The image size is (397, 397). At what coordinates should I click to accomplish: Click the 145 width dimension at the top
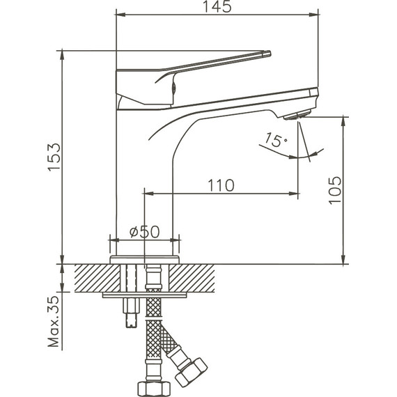(x=217, y=7)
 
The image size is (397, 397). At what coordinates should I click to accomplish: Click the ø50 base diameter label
(x=144, y=231)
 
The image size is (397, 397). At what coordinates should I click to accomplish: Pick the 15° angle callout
(x=276, y=141)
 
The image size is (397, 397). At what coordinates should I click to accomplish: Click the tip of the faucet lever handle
(x=266, y=53)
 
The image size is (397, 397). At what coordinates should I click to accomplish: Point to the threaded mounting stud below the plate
(x=130, y=313)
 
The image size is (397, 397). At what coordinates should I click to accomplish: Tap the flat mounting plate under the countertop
(x=144, y=295)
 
